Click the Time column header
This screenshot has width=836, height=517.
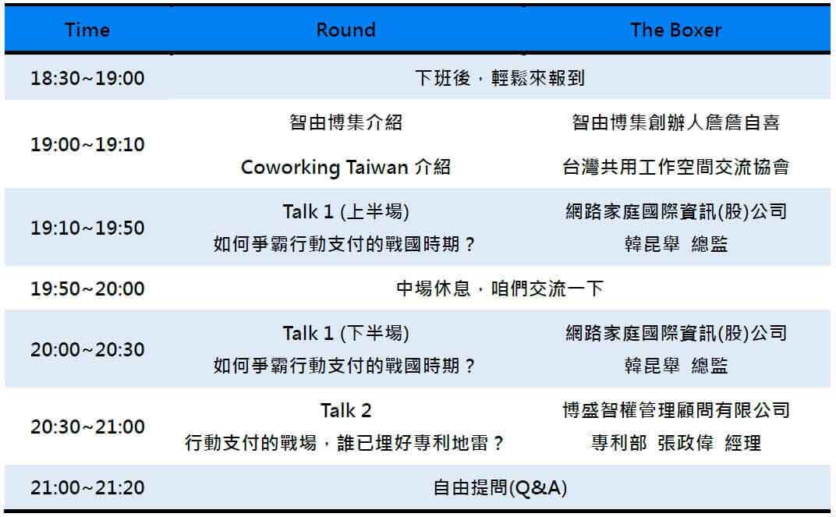pyautogui.click(x=87, y=30)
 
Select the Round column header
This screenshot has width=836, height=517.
pyautogui.click(x=345, y=30)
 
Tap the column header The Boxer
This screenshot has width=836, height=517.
pyautogui.click(x=675, y=30)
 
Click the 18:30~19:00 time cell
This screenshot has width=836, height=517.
pyautogui.click(x=87, y=79)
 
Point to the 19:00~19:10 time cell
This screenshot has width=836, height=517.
pyautogui.click(x=87, y=145)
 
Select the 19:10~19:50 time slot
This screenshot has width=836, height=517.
pyautogui.click(x=87, y=228)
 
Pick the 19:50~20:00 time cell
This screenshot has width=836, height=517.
pyautogui.click(x=87, y=289)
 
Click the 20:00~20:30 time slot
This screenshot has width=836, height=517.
pyautogui.click(x=87, y=349)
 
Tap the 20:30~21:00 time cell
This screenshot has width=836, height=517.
pyautogui.click(x=87, y=427)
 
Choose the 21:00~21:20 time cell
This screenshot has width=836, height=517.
pyautogui.click(x=87, y=488)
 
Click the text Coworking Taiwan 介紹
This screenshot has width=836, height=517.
pyautogui.click(x=345, y=168)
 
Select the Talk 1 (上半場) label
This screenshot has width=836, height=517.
pyautogui.click(x=345, y=211)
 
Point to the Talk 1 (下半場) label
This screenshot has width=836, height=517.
pyautogui.click(x=345, y=334)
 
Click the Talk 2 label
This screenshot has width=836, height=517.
pyautogui.click(x=345, y=410)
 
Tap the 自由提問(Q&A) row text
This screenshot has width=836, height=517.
pyautogui.click(x=500, y=489)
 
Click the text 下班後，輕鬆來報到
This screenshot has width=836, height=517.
pyautogui.click(x=500, y=79)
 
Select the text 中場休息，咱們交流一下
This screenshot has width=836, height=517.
pyautogui.click(x=500, y=289)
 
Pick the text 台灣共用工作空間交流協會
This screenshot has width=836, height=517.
pyautogui.click(x=675, y=168)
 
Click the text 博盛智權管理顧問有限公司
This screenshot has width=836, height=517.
pyautogui.click(x=675, y=410)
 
